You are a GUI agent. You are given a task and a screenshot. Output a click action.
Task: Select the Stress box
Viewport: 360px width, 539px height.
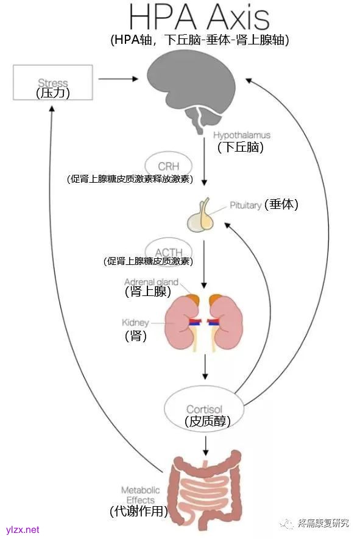point(53,82)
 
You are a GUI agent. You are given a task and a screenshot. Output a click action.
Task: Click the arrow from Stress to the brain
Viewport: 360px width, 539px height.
point(118,79)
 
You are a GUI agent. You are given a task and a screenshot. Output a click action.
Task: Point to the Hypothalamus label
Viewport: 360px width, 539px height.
point(242,135)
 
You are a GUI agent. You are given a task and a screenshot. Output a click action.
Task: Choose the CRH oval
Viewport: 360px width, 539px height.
point(168,166)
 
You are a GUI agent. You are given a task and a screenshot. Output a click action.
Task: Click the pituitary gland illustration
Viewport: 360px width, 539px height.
point(203,216)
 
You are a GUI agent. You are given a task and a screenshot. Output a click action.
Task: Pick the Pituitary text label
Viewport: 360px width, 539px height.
point(245,205)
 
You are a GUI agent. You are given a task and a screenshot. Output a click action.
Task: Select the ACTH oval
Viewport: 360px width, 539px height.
point(168,252)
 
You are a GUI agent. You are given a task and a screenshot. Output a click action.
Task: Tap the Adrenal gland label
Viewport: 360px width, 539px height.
point(151,282)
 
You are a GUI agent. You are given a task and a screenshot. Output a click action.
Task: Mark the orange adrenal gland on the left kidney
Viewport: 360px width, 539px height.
point(192,300)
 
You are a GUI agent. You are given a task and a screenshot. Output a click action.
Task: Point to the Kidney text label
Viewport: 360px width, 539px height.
point(135,322)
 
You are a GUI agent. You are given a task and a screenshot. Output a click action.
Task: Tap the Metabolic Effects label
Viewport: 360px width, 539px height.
point(140,495)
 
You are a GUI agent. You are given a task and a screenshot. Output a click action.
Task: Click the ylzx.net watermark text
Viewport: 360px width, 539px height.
point(23,529)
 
